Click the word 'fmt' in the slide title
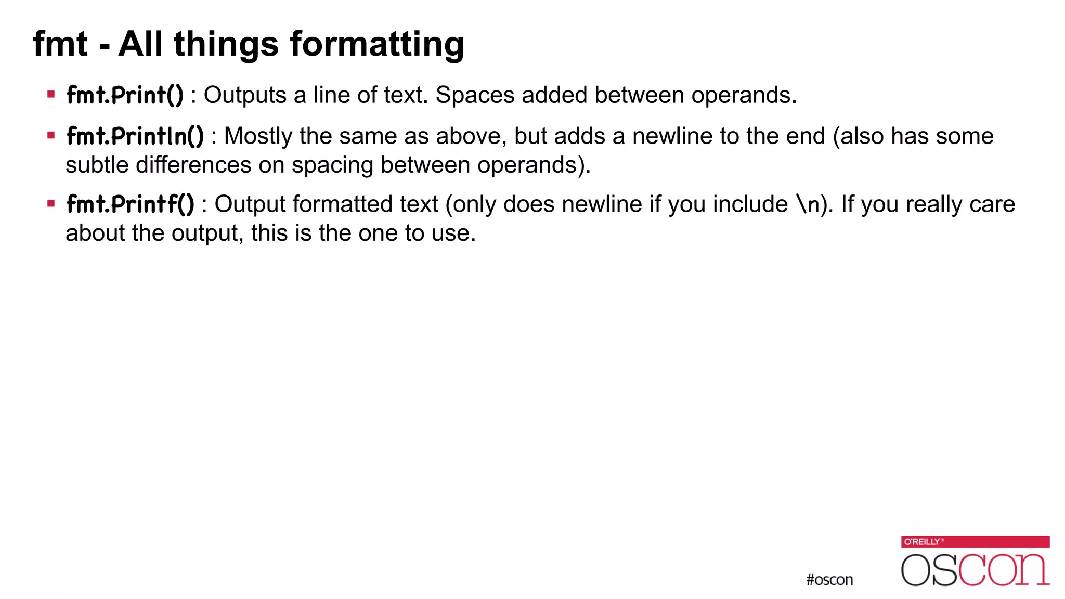tap(60, 44)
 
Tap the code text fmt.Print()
tap(125, 95)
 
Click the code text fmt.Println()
tap(135, 136)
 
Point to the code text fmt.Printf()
tap(130, 204)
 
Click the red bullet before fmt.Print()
tap(51, 95)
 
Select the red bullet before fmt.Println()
tap(51, 136)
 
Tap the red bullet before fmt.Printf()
tap(51, 203)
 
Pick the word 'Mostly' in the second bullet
tap(258, 137)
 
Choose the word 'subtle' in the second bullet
tap(97, 165)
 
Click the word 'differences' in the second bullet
tap(193, 165)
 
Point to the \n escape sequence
tap(808, 204)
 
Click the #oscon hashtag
tap(829, 580)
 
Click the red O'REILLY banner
tap(975, 542)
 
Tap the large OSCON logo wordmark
tap(975, 570)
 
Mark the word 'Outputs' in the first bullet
tap(245, 96)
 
